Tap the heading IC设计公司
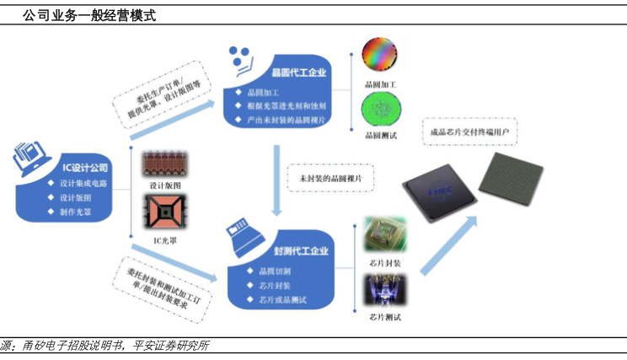point(85,168)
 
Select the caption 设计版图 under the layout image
point(165,185)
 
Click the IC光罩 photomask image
point(164,212)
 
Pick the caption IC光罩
point(165,240)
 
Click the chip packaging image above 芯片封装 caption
point(384,235)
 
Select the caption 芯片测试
point(384,317)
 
